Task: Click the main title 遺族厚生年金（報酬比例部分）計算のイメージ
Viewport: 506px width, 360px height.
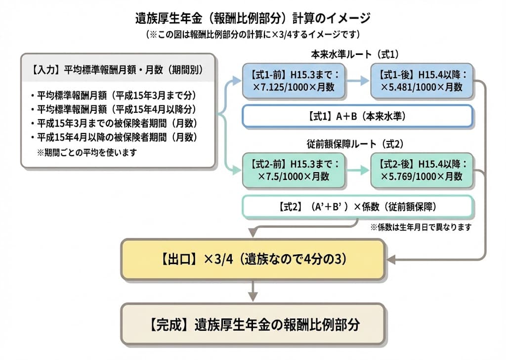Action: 253,19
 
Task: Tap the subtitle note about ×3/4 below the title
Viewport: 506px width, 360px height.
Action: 253,35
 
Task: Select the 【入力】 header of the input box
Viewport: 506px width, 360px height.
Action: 118,70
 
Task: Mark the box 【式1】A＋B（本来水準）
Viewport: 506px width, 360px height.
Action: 357,117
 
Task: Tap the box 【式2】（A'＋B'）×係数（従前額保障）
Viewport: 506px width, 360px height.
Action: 357,206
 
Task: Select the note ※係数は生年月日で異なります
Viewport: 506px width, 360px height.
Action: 421,227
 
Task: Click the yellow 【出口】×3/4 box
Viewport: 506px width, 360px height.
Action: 253,260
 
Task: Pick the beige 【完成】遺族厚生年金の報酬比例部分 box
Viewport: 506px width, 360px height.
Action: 253,324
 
